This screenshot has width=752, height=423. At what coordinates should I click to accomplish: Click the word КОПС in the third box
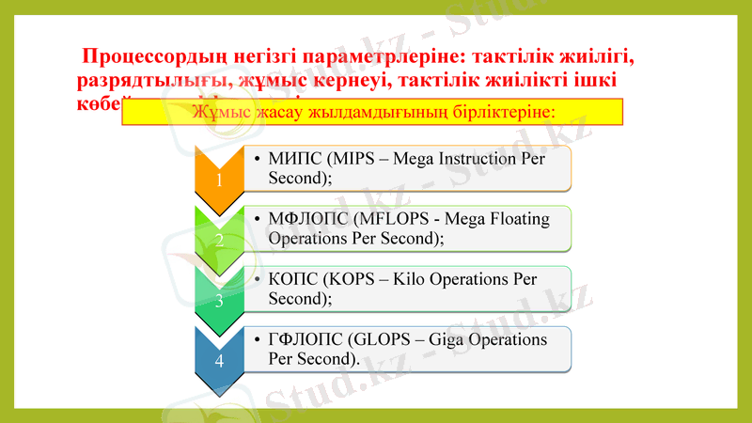pos(294,280)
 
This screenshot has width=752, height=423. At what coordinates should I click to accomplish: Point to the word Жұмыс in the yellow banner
pos(219,111)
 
